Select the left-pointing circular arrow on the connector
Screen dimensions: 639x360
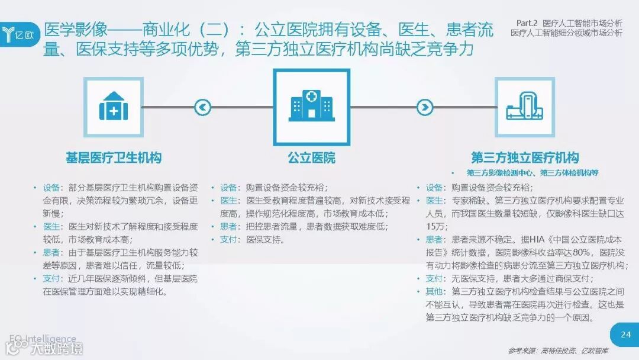tap(202, 107)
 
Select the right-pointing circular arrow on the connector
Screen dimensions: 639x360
tap(425, 107)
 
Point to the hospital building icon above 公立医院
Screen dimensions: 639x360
tap(311, 107)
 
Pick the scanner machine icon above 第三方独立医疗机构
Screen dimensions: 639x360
tap(524, 107)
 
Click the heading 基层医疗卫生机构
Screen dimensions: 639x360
tap(114, 157)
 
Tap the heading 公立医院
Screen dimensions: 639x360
tap(311, 157)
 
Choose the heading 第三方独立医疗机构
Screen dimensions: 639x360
tap(524, 157)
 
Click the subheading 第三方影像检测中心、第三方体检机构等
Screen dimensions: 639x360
tap(532, 173)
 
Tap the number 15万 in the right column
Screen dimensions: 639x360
tap(437, 226)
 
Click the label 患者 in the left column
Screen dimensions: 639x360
tap(51, 252)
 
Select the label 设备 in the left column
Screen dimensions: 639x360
tap(51, 187)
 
